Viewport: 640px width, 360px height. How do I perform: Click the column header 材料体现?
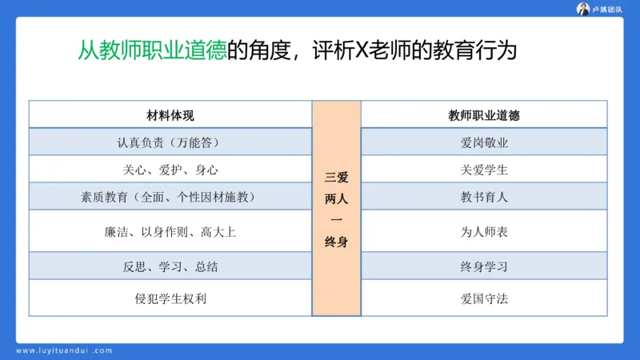pos(170,115)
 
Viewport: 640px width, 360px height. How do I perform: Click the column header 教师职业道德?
pos(484,115)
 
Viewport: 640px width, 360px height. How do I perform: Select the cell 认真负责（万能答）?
pos(170,142)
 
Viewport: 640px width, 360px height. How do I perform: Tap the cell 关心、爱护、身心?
pos(170,170)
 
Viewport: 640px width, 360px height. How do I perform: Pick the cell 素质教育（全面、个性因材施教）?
pos(170,197)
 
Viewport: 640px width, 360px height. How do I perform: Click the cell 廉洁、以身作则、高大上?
pos(170,232)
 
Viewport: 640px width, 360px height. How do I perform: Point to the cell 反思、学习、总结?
pos(170,266)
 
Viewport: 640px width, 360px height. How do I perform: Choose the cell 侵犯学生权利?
pos(170,299)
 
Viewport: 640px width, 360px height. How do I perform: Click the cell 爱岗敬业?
pos(484,142)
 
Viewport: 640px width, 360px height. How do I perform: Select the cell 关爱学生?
pos(484,170)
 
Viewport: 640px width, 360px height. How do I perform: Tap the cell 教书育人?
pos(484,197)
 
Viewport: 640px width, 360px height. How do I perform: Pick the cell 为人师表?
pos(484,232)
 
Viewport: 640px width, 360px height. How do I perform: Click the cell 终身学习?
pos(484,266)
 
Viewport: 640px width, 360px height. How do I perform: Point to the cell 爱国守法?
pos(484,299)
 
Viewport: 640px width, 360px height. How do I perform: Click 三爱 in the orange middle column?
pos(336,177)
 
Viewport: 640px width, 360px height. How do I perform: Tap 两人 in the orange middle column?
pos(336,198)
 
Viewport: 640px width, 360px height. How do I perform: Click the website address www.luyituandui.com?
pos(64,350)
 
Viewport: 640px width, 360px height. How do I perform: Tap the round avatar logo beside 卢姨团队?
pos(583,9)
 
